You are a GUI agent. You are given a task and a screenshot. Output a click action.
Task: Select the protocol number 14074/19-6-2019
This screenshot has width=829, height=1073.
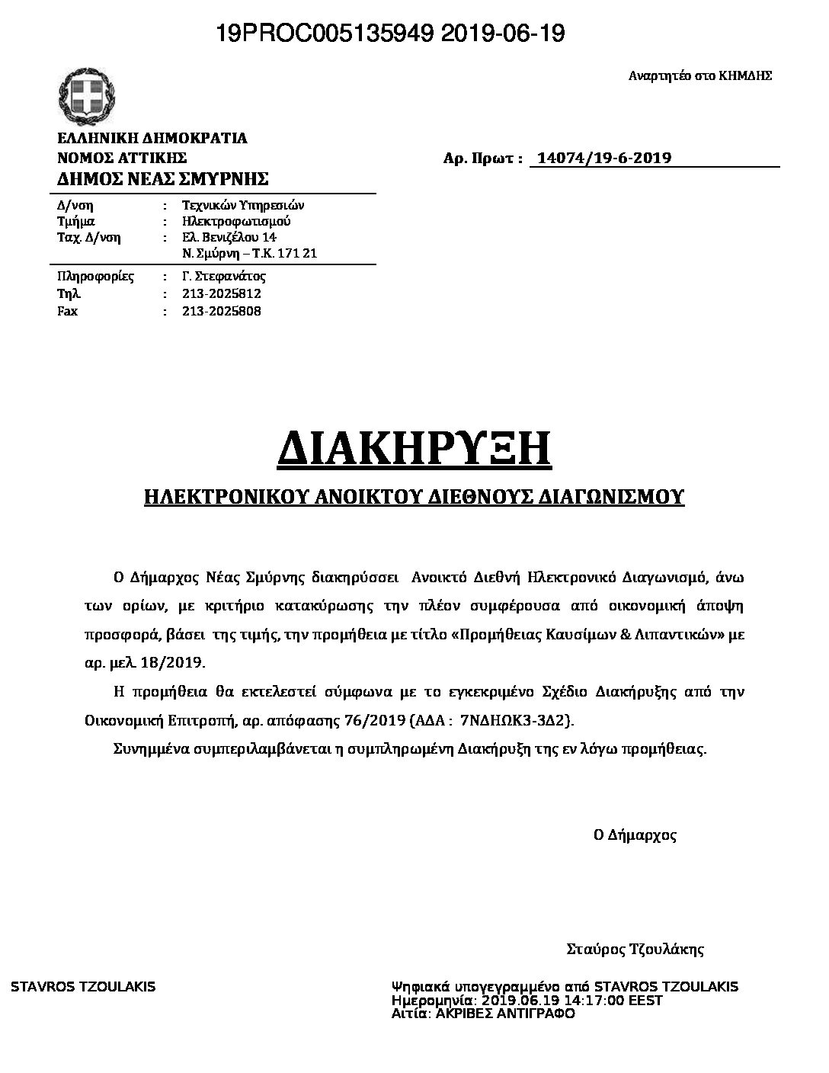604,159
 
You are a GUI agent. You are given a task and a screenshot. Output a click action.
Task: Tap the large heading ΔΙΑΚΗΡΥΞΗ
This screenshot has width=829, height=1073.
414,450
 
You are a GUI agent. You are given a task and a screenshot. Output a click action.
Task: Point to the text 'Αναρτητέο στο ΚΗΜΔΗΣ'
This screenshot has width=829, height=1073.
700,75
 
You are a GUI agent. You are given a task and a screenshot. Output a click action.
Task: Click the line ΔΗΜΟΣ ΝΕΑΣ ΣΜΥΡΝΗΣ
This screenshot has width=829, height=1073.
163,179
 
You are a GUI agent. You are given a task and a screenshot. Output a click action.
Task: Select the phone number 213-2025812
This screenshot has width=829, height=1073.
222,293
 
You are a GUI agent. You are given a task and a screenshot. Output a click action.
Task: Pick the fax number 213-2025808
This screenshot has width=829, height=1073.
222,311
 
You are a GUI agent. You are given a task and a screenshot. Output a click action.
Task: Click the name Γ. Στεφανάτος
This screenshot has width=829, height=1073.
224,276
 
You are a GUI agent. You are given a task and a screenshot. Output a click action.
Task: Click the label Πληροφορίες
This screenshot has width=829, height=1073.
96,276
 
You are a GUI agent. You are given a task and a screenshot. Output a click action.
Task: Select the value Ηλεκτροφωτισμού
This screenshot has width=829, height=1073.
236,221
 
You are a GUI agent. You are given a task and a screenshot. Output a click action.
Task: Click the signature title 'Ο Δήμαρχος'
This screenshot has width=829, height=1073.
635,834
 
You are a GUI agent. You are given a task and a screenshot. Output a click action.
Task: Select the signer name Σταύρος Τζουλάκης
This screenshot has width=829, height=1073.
635,950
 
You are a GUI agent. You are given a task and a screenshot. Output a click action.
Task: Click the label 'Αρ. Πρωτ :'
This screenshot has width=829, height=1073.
483,159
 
